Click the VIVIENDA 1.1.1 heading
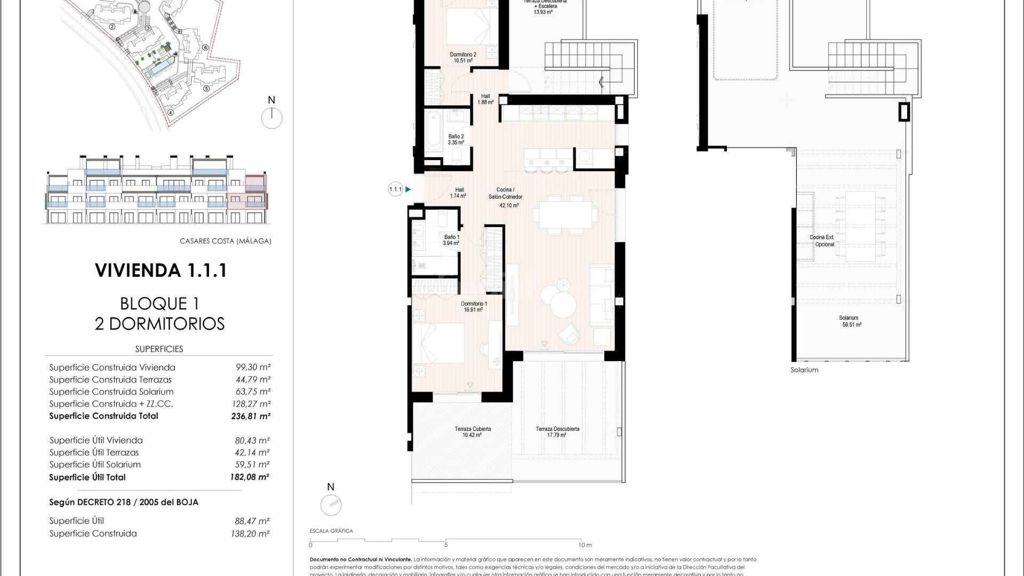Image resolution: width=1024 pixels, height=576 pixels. (x=161, y=270)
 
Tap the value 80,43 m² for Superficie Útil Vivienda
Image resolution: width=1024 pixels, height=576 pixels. (x=252, y=441)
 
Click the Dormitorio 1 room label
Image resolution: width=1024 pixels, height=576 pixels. (x=474, y=307)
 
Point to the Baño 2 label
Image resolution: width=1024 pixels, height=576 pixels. (x=455, y=140)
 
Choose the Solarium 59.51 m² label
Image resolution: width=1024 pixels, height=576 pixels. (x=851, y=321)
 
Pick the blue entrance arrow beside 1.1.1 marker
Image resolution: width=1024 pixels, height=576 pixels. (x=408, y=189)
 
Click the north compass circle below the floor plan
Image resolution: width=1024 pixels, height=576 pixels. (x=331, y=505)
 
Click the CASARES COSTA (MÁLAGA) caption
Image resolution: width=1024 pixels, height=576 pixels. (x=225, y=241)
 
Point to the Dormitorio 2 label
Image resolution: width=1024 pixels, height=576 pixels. (x=463, y=58)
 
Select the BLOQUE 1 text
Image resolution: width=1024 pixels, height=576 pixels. (x=159, y=303)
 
